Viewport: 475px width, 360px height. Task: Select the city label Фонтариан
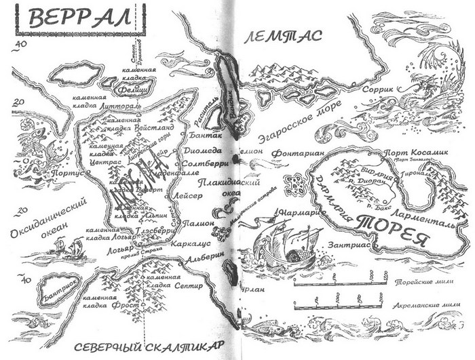tap(293, 154)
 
